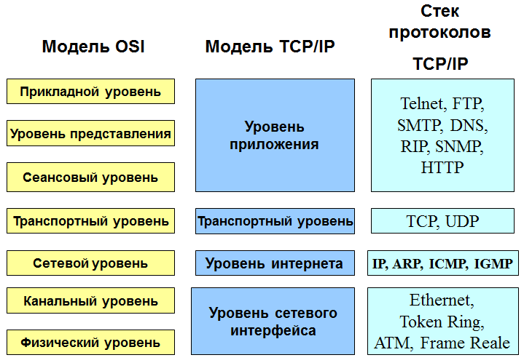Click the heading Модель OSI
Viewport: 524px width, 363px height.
coord(93,47)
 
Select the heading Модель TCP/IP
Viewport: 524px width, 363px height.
coord(270,47)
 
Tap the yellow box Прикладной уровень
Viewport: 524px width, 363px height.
coord(90,92)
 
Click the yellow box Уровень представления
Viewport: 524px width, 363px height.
coord(90,133)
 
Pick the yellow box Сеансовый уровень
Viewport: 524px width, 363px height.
coord(90,177)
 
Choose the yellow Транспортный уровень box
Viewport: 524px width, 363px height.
coord(90,221)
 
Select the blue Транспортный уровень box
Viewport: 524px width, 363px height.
coord(275,221)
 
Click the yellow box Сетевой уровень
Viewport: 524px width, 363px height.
coord(90,263)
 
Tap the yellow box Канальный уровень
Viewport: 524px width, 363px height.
coord(90,300)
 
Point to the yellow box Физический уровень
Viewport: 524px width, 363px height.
coord(90,343)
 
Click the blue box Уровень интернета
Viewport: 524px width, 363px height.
coord(275,263)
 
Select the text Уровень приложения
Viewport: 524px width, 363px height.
coord(274,135)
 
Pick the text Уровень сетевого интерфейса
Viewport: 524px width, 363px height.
coord(273,322)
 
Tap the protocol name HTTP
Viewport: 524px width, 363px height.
coord(442,167)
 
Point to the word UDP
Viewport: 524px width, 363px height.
coord(462,221)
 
